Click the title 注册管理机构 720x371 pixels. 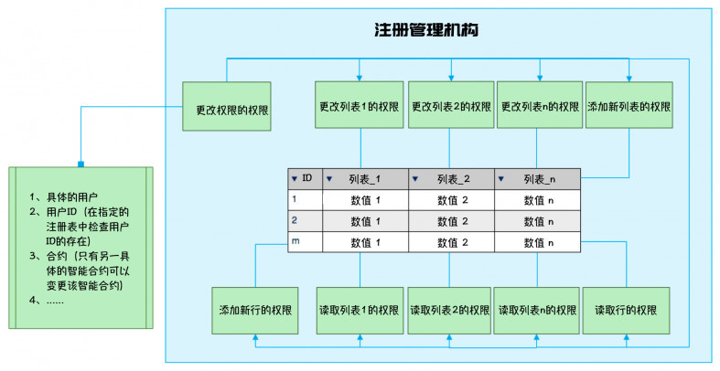tap(426, 30)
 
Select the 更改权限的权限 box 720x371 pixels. tap(227, 106)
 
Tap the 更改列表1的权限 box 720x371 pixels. tap(359, 105)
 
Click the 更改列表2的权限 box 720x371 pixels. tap(451, 105)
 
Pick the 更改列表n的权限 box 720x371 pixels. tap(540, 105)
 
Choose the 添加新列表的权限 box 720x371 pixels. tap(629, 105)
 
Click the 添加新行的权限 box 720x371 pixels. tap(255, 311)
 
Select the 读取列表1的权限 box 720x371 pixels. tap(360, 311)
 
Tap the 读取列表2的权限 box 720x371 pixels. tap(449, 311)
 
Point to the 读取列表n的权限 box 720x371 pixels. tap(537, 311)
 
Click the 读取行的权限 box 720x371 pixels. tap(626, 311)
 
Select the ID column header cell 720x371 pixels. tap(306, 179)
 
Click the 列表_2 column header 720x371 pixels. tap(451, 179)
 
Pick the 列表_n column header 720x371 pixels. tap(537, 179)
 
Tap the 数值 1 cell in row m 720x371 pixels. tap(366, 242)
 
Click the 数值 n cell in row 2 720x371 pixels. tap(537, 221)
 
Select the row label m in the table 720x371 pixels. tap(296, 240)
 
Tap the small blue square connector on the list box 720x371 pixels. tap(81, 164)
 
